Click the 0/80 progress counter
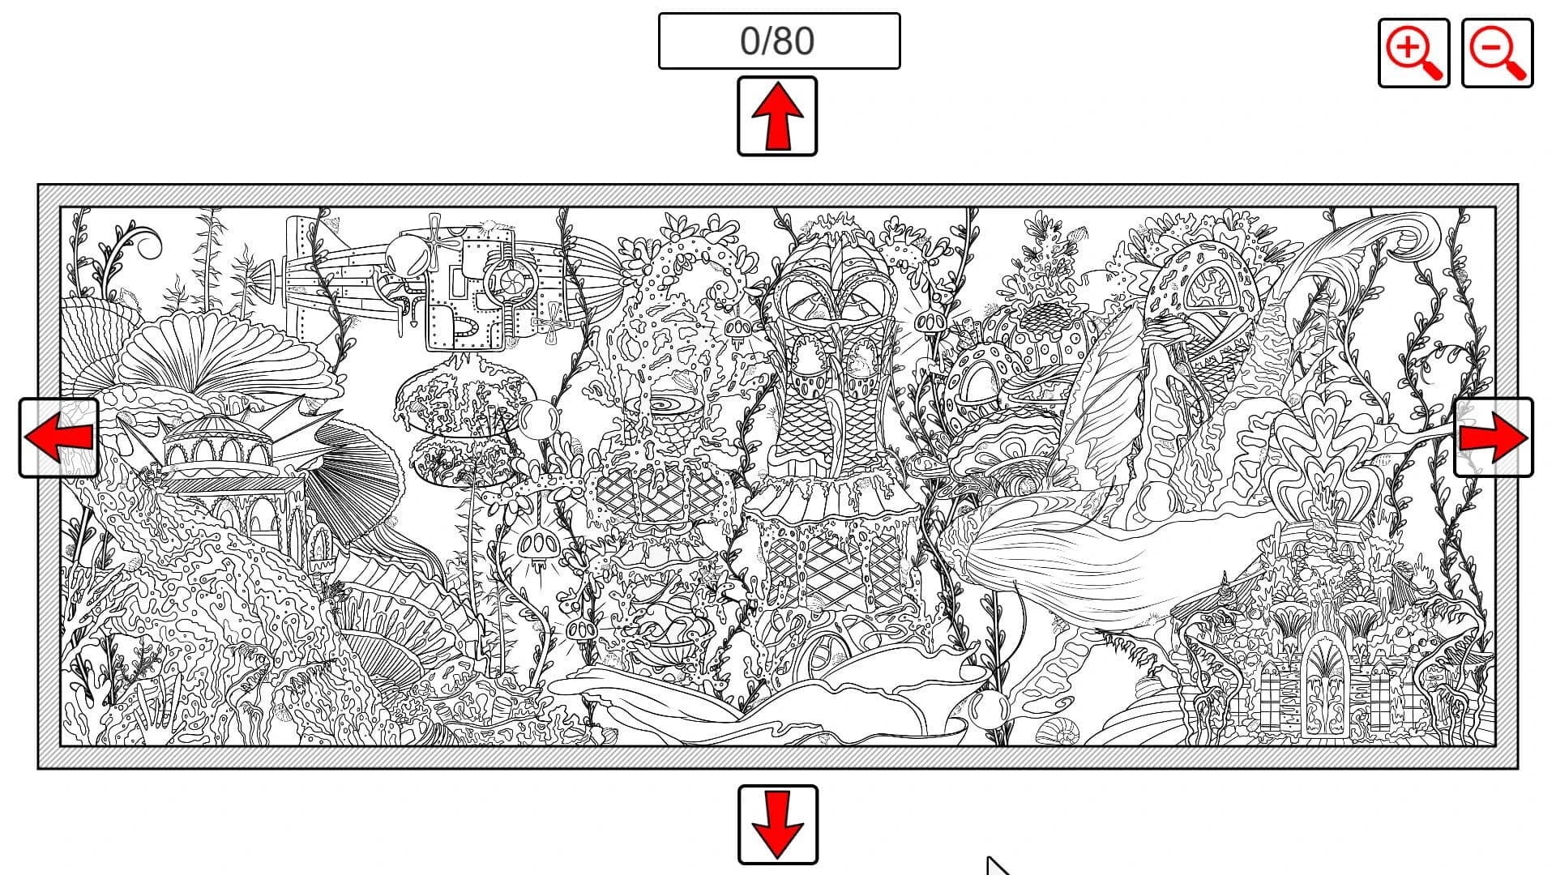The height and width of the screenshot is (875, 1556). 778,41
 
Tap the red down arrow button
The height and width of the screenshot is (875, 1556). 777,825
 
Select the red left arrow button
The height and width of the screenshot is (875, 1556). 58,437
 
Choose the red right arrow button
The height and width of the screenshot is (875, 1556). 1493,437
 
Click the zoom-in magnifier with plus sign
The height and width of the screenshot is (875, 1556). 1413,53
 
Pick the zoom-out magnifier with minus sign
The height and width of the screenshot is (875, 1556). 1497,53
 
